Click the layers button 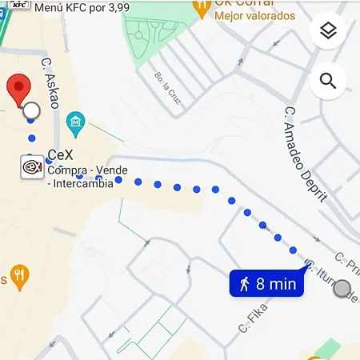tap(327, 31)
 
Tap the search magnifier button tap(327, 81)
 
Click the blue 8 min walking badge tap(267, 283)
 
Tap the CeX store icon tap(32, 167)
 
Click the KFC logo tap(19, 4)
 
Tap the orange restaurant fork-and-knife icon tap(19, 278)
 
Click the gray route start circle tap(343, 289)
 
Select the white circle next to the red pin tap(31, 110)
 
